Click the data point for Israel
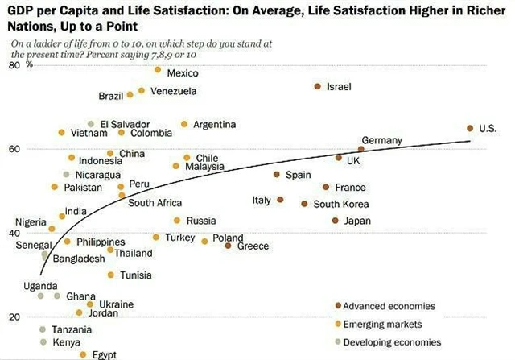(318, 86)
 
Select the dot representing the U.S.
(470, 128)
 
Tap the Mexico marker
(158, 70)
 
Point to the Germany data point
(361, 149)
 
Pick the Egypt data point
(83, 354)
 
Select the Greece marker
(229, 246)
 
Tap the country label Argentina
(215, 125)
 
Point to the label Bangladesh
(78, 259)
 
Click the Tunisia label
(136, 275)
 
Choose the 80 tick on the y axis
(14, 65)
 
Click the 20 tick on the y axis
(14, 317)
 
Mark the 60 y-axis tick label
(14, 149)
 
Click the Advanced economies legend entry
(389, 306)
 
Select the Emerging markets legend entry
(382, 325)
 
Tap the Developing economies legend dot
(339, 342)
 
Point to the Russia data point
(177, 221)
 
